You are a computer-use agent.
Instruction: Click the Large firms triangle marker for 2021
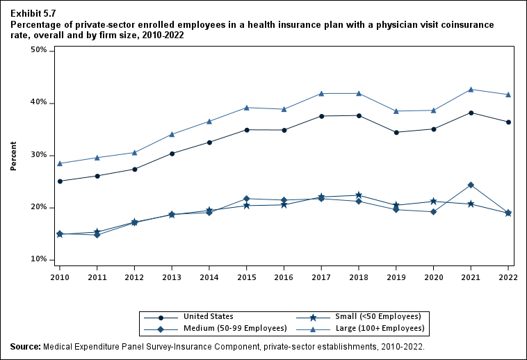pos(471,89)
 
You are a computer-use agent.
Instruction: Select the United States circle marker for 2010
pos(60,181)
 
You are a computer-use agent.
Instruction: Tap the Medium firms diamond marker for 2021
pos(471,185)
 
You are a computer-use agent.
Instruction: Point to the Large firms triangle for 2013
pos(172,134)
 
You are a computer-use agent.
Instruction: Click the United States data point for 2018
pos(359,115)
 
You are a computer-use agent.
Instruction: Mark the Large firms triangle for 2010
pos(60,163)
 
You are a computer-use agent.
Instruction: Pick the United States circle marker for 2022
pos(508,122)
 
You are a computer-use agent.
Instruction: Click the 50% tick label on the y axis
pos(38,51)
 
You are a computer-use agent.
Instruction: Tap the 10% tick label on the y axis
pos(38,260)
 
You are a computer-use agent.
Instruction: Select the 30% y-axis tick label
pos(38,155)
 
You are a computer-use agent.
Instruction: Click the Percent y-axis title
pos(13,155)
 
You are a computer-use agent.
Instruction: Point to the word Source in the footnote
pos(26,346)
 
